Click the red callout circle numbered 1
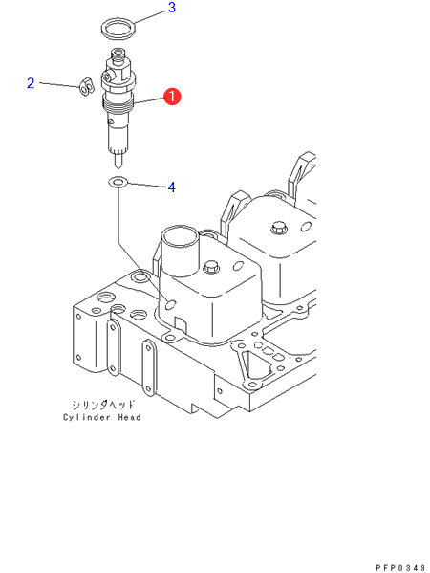point(172,97)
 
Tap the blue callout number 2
point(31,83)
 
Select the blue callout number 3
point(172,8)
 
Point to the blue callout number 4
point(172,187)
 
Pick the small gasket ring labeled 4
point(118,182)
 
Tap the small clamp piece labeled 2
point(87,87)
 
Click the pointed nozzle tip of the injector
point(118,166)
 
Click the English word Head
point(129,417)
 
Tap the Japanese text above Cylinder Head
point(103,405)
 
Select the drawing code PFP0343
point(400,567)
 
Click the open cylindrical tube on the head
point(180,253)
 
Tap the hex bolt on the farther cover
point(278,229)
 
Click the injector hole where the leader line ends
point(170,303)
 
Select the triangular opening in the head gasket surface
point(254,365)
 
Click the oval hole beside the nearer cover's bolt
point(237,265)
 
